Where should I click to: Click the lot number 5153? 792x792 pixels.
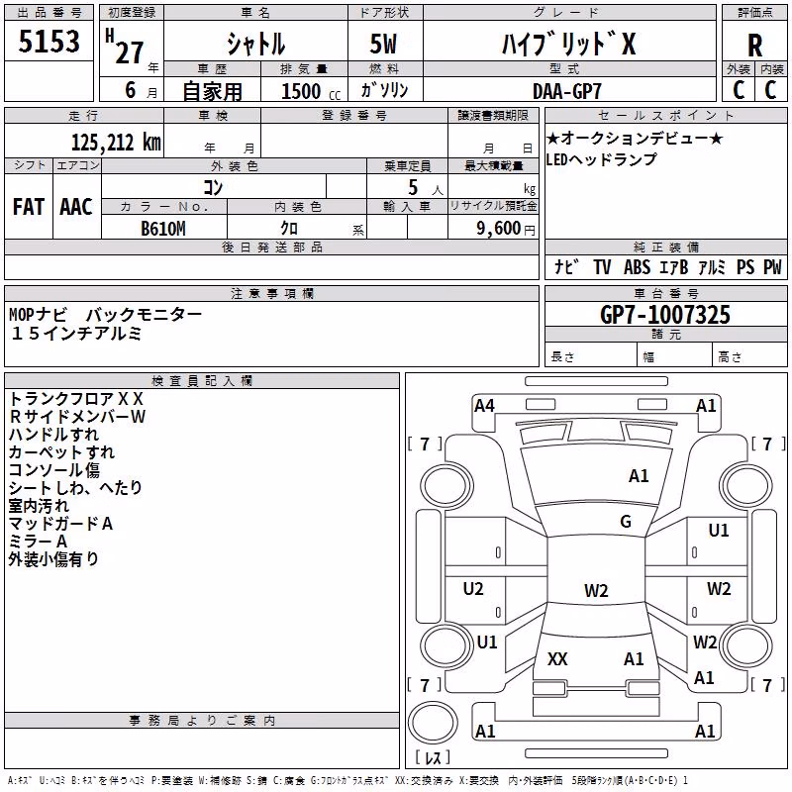(x=49, y=42)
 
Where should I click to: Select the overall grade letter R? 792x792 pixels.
(x=754, y=46)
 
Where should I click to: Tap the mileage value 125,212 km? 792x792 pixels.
(x=116, y=143)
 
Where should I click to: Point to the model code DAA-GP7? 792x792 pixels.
(x=566, y=91)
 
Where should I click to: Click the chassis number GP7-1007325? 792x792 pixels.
(x=664, y=315)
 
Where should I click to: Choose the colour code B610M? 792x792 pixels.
(x=163, y=229)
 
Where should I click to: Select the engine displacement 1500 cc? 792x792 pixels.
(x=311, y=91)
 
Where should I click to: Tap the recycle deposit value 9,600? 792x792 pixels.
(x=499, y=229)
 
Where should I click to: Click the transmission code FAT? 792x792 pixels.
(x=29, y=207)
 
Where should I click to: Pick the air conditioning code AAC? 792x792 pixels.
(x=76, y=207)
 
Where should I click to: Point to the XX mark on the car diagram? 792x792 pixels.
(x=557, y=659)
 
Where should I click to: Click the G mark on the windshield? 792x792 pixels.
(x=626, y=522)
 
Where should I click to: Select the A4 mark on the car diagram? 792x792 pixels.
(x=484, y=406)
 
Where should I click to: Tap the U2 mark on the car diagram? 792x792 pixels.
(x=473, y=589)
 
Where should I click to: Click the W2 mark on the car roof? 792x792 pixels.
(x=596, y=590)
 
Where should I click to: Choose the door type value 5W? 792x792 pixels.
(x=383, y=44)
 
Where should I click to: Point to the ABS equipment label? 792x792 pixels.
(x=637, y=267)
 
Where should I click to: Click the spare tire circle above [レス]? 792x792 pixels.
(x=433, y=723)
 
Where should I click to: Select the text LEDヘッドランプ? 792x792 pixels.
(x=601, y=159)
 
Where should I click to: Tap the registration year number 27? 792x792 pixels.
(x=130, y=52)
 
